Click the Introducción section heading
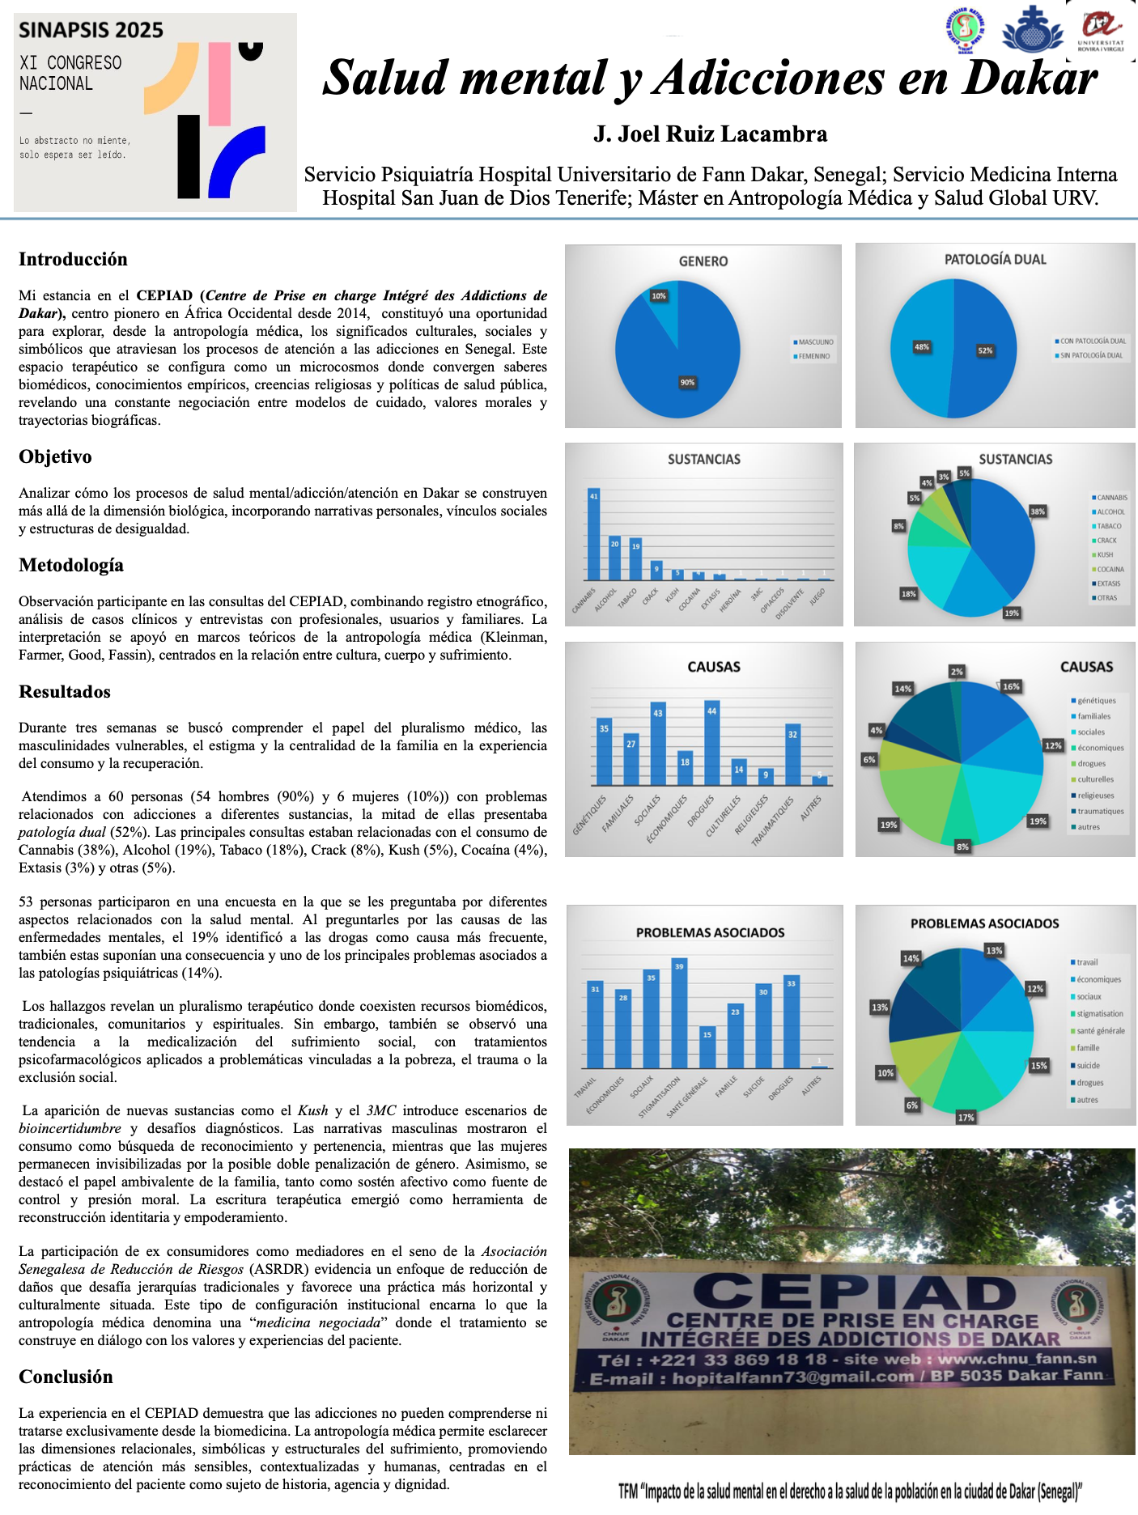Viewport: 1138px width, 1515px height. (x=73, y=259)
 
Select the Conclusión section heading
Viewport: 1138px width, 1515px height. (x=66, y=1377)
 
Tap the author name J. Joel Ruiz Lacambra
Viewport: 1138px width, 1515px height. (x=710, y=134)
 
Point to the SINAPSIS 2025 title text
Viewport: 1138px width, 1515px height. (x=91, y=31)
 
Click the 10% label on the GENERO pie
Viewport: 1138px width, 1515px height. (x=659, y=296)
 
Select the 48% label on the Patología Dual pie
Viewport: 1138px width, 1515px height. (x=921, y=346)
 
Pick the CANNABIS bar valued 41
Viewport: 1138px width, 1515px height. (x=594, y=534)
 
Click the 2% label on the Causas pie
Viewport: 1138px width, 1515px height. (x=957, y=672)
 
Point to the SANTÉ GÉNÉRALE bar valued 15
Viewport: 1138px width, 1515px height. (x=707, y=1047)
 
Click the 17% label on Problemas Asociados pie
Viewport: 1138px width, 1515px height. (x=966, y=1117)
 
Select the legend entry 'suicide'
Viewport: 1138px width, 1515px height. (x=1088, y=1065)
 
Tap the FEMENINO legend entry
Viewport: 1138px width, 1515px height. (x=813, y=356)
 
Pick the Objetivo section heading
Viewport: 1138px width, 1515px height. (x=55, y=456)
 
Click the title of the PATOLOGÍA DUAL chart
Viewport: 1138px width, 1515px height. (x=995, y=260)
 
